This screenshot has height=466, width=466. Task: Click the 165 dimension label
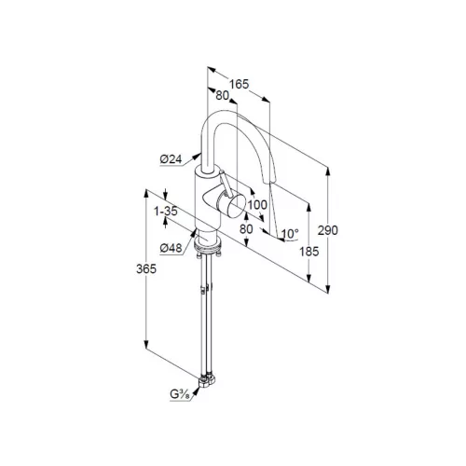[x=239, y=84]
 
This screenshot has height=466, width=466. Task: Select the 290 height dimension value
[x=328, y=230]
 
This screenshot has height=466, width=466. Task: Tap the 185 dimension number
[x=309, y=251]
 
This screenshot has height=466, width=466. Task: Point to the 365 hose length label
[x=146, y=268]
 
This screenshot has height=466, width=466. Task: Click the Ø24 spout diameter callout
[x=171, y=159]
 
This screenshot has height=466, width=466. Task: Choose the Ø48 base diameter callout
[x=171, y=248]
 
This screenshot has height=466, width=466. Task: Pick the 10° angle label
[x=289, y=233]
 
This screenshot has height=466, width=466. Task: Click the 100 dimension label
[x=257, y=205]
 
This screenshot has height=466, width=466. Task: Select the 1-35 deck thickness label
[x=166, y=212]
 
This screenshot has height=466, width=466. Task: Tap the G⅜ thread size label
[x=180, y=394]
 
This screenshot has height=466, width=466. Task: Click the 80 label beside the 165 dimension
[x=222, y=96]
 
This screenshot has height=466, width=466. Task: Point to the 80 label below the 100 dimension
[x=246, y=229]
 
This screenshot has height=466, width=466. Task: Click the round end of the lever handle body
[x=237, y=205]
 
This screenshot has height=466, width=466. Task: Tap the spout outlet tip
[x=269, y=181]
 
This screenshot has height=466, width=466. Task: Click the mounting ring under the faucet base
[x=207, y=244]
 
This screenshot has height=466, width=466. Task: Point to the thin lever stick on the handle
[x=226, y=184]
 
